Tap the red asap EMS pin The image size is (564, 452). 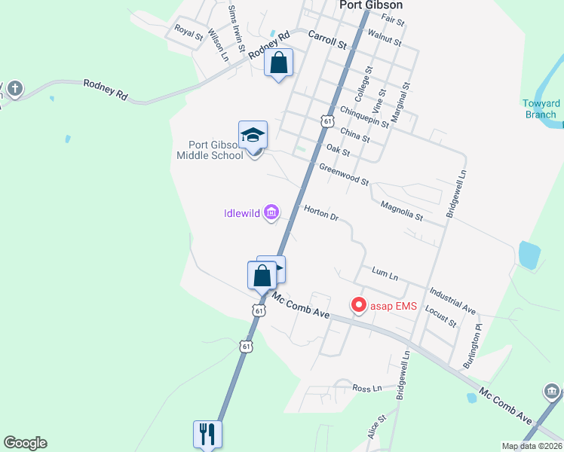point(359,305)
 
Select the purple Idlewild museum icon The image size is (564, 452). point(271,214)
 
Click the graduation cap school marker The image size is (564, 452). point(253,136)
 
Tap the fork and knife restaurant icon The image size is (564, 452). point(207,433)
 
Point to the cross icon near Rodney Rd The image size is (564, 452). point(14,90)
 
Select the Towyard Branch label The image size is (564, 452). point(542,109)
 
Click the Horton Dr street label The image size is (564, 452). point(321,213)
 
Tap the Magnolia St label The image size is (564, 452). point(402,210)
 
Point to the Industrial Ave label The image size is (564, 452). point(452,299)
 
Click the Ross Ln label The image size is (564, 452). point(369,388)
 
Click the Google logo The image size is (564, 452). point(25,443)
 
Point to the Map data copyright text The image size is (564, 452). point(532,446)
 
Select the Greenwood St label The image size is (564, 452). point(343,175)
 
